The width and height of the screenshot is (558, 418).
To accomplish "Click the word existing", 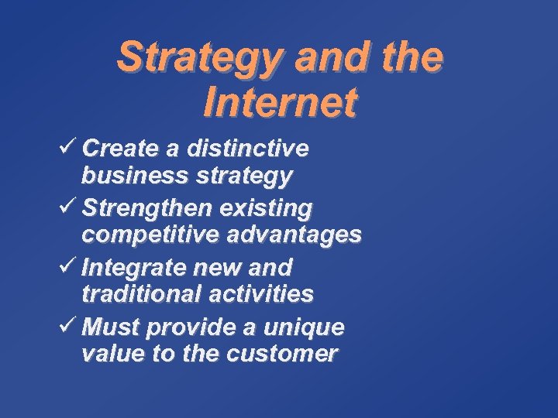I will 265,208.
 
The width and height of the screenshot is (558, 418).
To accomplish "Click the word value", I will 106,355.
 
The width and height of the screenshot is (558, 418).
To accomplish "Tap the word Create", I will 119,147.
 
